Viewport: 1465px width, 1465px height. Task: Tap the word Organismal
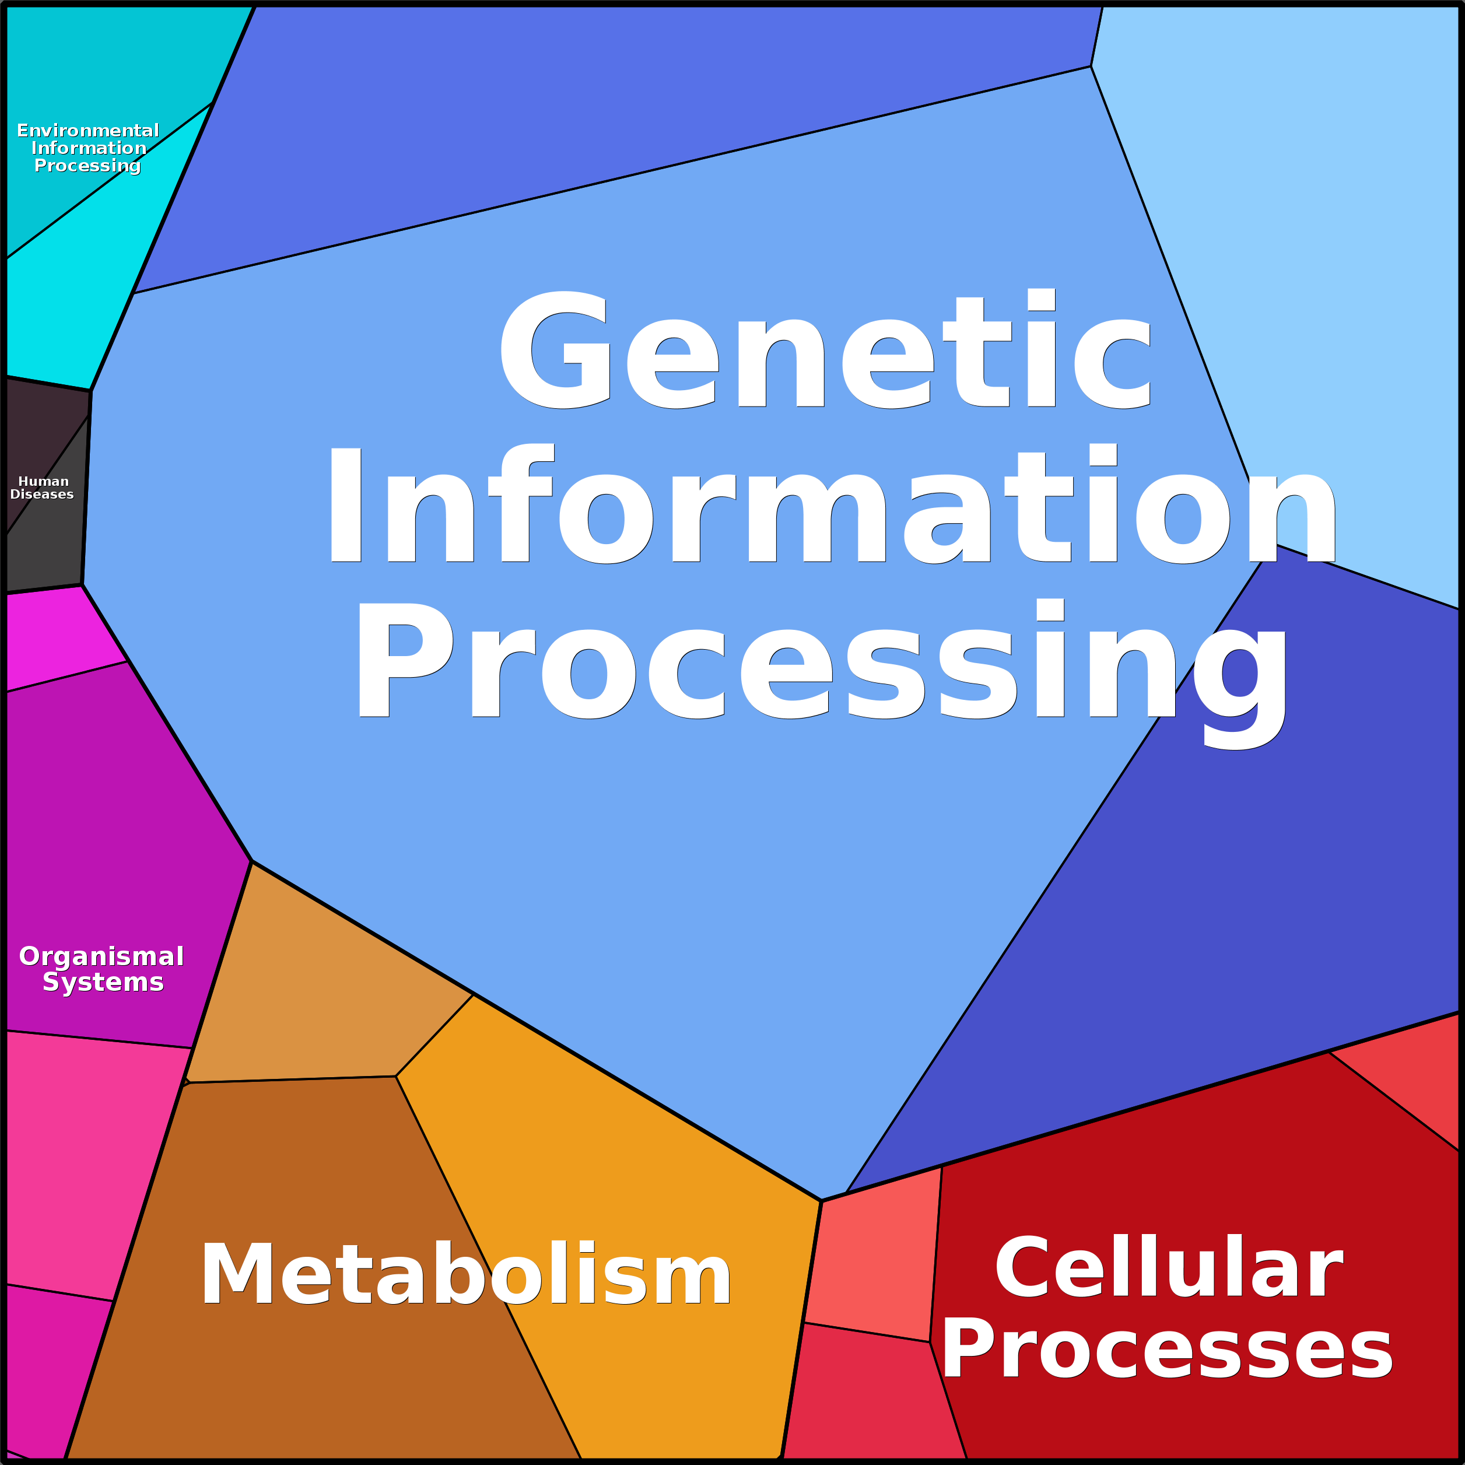click(x=101, y=956)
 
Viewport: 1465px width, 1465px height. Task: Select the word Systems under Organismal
click(x=103, y=982)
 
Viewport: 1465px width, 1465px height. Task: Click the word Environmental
click(x=88, y=131)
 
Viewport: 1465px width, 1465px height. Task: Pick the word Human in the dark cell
click(x=43, y=482)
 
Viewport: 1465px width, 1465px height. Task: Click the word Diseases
click(x=42, y=495)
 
